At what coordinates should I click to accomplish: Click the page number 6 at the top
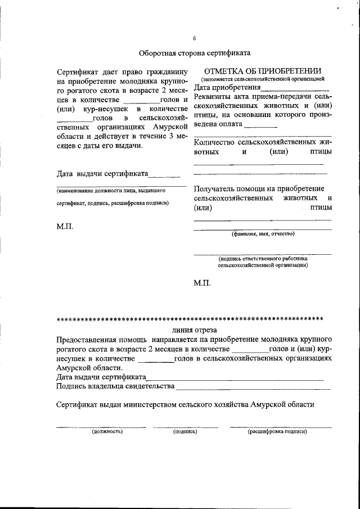pos(194,38)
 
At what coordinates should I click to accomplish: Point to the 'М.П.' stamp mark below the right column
pos(202,283)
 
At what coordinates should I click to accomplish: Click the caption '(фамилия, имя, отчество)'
pos(263,233)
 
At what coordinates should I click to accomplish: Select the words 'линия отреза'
pos(194,330)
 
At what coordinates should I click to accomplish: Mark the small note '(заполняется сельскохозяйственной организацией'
pos(263,80)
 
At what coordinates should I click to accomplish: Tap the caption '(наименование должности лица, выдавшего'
pos(110,191)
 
